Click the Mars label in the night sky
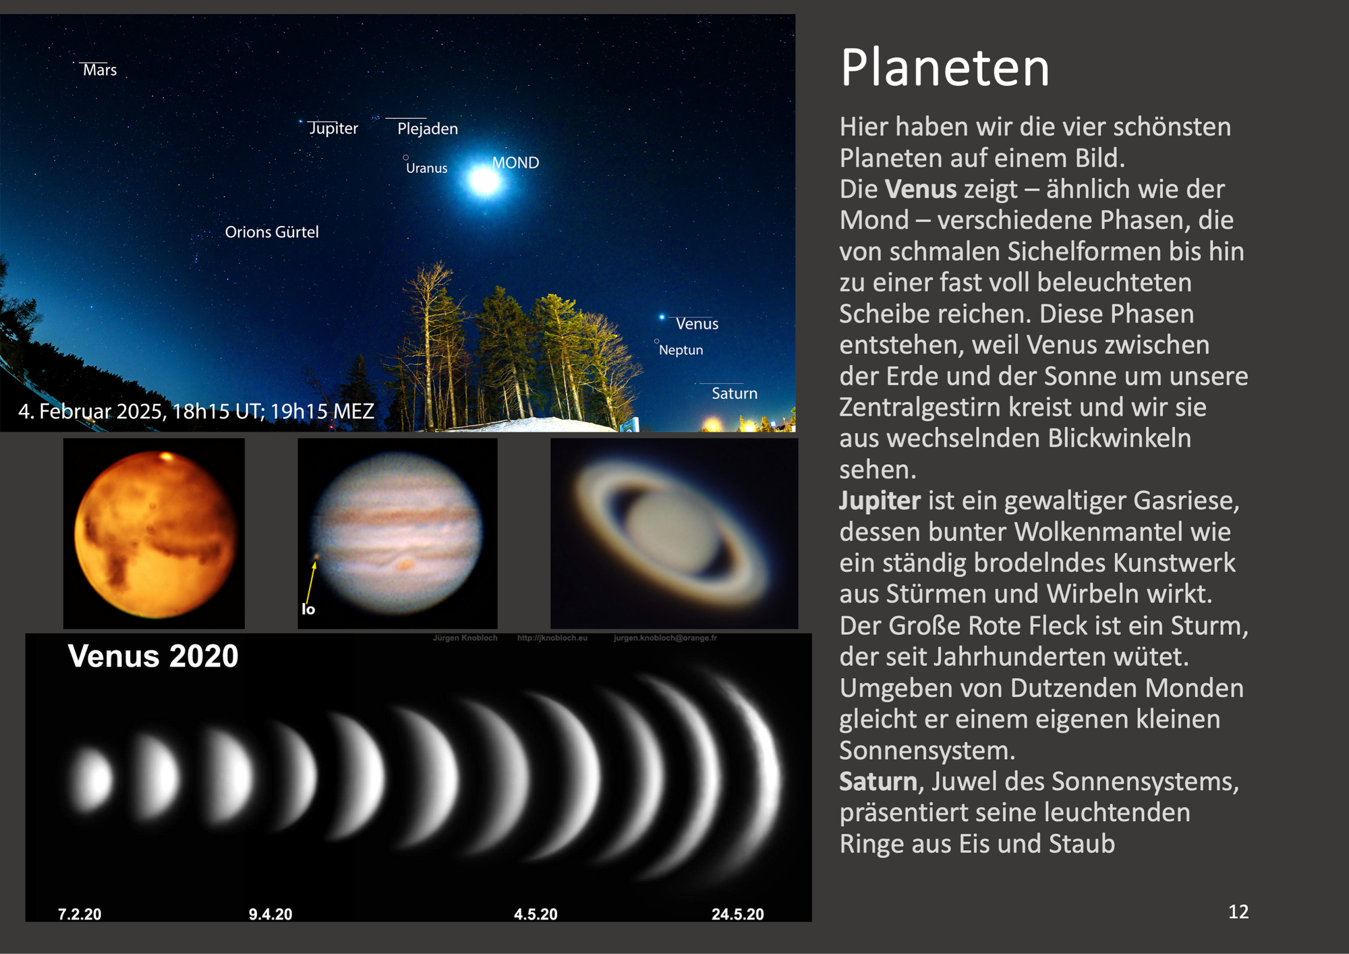point(100,70)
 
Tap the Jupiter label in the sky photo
point(333,128)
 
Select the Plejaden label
point(428,129)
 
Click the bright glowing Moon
point(484,180)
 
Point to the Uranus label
point(426,168)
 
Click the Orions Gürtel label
point(272,232)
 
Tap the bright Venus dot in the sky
point(662,316)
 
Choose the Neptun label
point(681,350)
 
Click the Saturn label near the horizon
point(735,393)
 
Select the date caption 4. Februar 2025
point(196,411)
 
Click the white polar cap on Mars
point(166,457)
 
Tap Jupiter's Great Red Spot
point(405,563)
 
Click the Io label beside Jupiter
point(308,609)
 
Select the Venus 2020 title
point(153,656)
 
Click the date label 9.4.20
point(270,914)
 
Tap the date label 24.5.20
point(738,914)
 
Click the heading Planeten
point(945,68)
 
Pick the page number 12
point(1238,912)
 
